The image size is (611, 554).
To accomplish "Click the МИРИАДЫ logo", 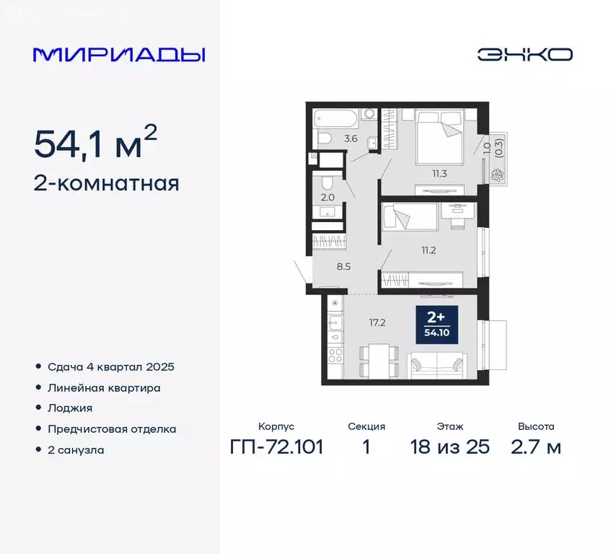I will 119,55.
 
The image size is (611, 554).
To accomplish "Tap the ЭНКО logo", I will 524,54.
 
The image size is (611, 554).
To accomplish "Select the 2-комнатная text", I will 106,184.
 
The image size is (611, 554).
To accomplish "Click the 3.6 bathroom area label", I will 351,138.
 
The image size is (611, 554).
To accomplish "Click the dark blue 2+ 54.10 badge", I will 436,322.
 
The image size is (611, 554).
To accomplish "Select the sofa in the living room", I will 435,365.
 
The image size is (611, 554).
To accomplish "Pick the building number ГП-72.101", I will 276,447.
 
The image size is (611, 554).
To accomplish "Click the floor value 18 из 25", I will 449,447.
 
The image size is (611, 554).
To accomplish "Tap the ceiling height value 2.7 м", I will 535,447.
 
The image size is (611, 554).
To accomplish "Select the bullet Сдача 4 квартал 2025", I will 111,366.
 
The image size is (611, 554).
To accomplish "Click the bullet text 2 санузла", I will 76,449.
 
